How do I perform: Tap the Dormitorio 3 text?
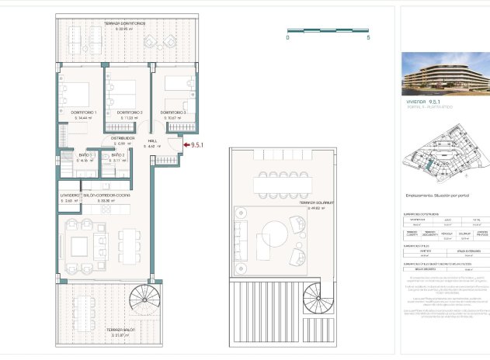coord(172,112)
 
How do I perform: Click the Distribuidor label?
coord(122,138)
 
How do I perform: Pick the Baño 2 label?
coord(117,155)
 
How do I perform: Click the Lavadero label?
coord(71,196)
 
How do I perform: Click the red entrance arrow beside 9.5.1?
coord(184,144)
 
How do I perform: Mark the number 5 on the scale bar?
coord(368,37)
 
